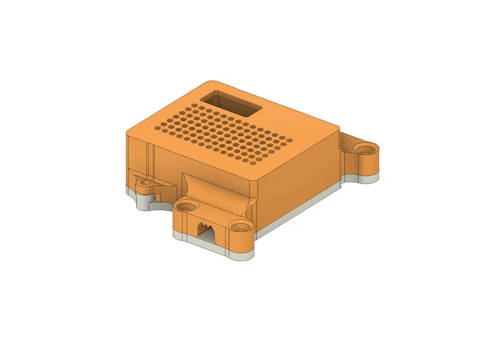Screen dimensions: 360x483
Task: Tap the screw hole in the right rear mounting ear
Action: pyautogui.click(x=364, y=149)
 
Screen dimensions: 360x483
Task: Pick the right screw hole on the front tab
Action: pyautogui.click(x=238, y=226)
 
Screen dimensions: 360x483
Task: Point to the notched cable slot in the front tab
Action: pyautogui.click(x=205, y=230)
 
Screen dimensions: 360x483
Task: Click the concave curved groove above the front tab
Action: pyautogui.click(x=216, y=190)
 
